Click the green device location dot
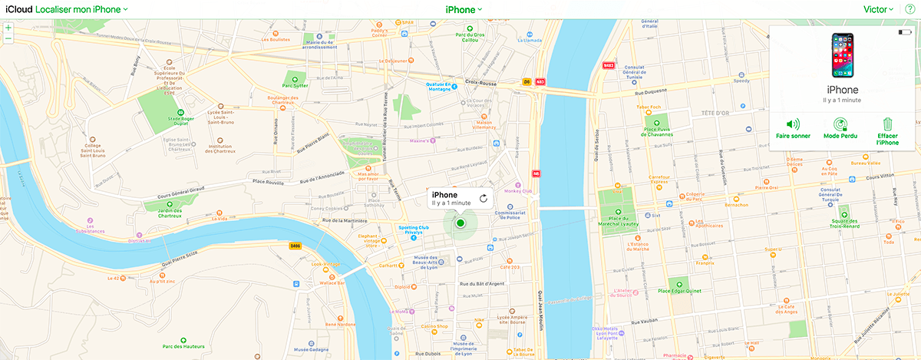point(460,223)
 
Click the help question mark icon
point(909,9)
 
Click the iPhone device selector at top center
point(464,9)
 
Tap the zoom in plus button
point(8,28)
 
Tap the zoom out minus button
point(8,38)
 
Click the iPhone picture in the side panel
point(843,55)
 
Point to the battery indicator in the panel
point(905,32)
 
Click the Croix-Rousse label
point(483,79)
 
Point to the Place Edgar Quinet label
point(679,290)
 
